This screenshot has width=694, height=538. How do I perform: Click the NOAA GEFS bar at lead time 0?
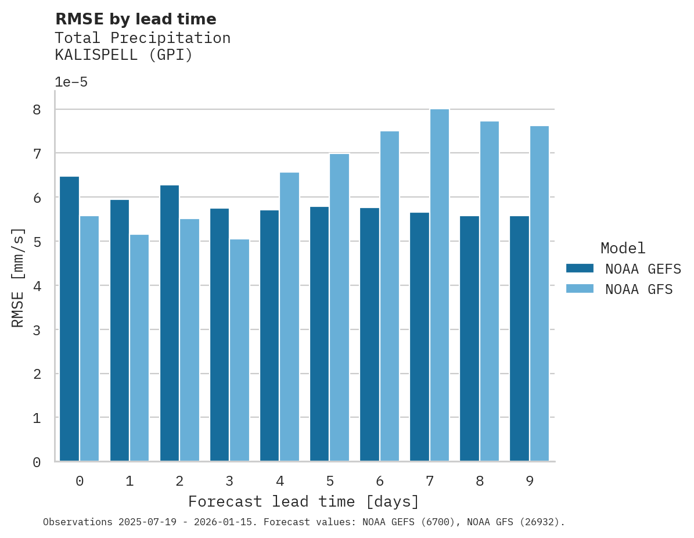pyautogui.click(x=69, y=319)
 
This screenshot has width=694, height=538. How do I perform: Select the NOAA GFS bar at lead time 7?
pyautogui.click(x=440, y=285)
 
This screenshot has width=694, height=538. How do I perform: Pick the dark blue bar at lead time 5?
pyautogui.click(x=319, y=334)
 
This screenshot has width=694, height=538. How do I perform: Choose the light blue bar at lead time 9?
pyautogui.click(x=540, y=293)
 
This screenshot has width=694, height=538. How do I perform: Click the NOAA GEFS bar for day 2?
pyautogui.click(x=170, y=323)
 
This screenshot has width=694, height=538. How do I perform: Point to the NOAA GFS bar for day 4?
pyautogui.click(x=289, y=317)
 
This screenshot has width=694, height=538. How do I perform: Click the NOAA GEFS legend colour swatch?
pyautogui.click(x=580, y=268)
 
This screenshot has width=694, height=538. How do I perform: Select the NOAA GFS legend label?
pyautogui.click(x=639, y=289)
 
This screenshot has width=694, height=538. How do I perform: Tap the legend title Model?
pyautogui.click(x=623, y=248)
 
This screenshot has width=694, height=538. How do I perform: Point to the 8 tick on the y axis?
pyautogui.click(x=37, y=109)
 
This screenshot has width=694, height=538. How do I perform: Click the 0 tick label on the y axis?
pyautogui.click(x=37, y=462)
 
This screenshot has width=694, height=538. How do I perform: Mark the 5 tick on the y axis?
pyautogui.click(x=37, y=242)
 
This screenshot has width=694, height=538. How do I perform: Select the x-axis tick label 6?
pyautogui.click(x=380, y=481)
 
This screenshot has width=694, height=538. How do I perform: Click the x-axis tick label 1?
pyautogui.click(x=130, y=481)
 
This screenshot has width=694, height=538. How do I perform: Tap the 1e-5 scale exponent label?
pyautogui.click(x=71, y=82)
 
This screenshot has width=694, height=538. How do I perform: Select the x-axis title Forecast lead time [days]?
pyautogui.click(x=304, y=501)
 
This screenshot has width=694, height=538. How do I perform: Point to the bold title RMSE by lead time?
pyautogui.click(x=135, y=19)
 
